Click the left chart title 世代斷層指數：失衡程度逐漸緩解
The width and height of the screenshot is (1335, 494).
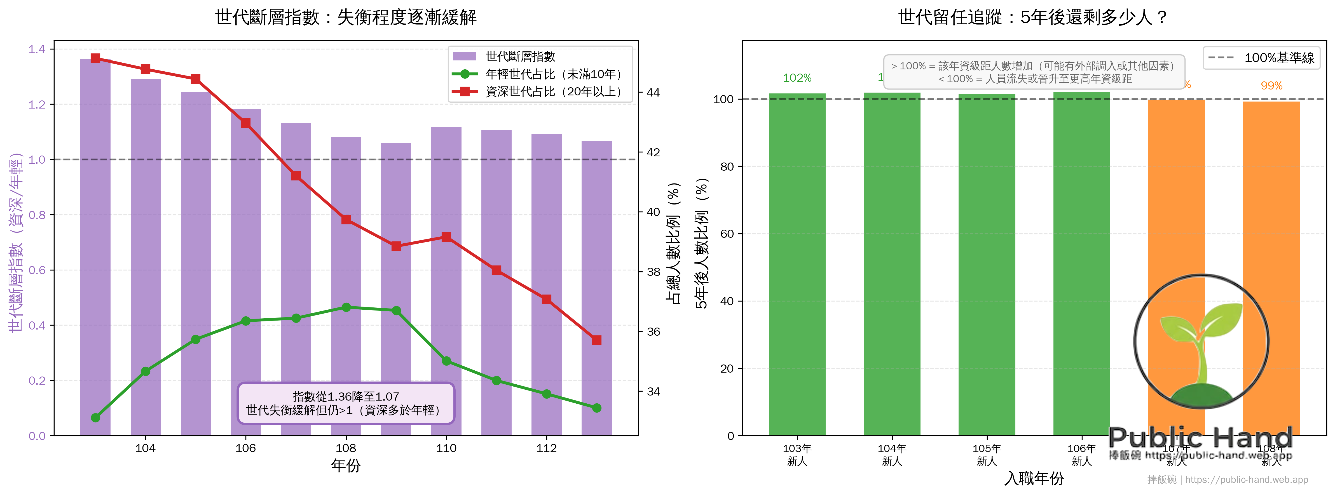tap(346, 17)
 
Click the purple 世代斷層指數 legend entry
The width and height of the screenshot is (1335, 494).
tap(520, 57)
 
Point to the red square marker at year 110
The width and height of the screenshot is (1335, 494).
tap(446, 237)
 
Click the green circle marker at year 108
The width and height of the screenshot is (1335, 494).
tap(346, 307)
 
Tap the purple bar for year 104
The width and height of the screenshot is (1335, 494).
tap(146, 259)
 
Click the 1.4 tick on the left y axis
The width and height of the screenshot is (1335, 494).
tap(37, 49)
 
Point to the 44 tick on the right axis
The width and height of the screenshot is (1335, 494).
tap(653, 93)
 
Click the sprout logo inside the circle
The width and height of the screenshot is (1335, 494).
tap(1201, 342)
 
